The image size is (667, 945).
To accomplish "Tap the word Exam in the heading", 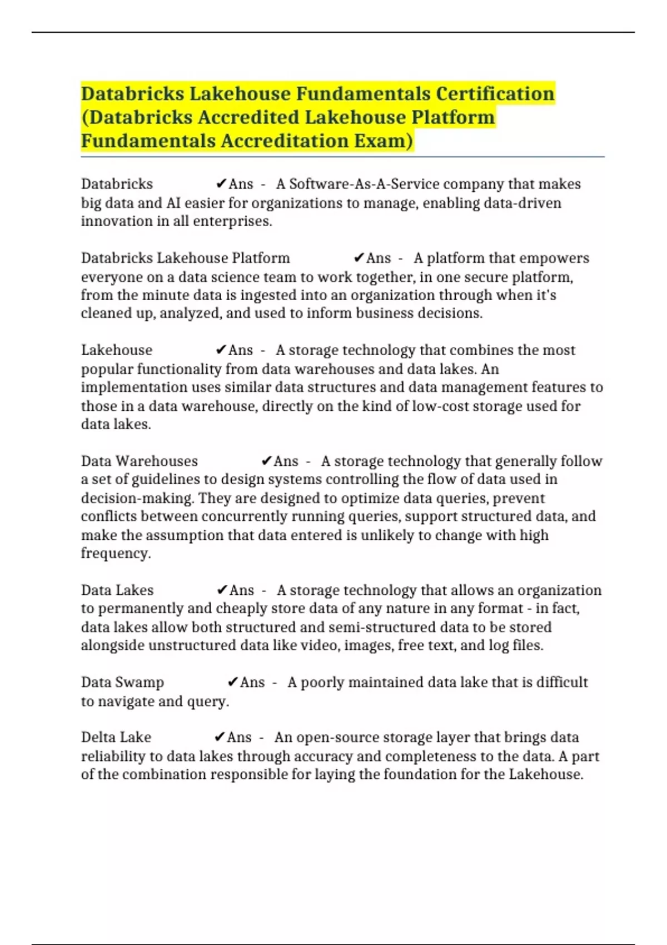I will [x=384, y=141].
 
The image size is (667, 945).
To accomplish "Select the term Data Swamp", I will [x=122, y=682].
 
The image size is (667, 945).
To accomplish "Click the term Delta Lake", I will [x=116, y=737].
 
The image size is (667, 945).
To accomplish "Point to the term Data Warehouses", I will [x=140, y=461].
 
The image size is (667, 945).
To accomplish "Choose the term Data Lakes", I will [x=117, y=590].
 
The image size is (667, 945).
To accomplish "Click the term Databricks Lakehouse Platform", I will [x=186, y=258].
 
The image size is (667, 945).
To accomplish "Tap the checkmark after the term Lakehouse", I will [x=221, y=350].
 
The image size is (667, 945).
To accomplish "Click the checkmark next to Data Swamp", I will [x=233, y=682].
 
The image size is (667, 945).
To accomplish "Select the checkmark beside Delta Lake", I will [x=220, y=737].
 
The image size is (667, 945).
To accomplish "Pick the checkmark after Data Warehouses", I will [x=266, y=461].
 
